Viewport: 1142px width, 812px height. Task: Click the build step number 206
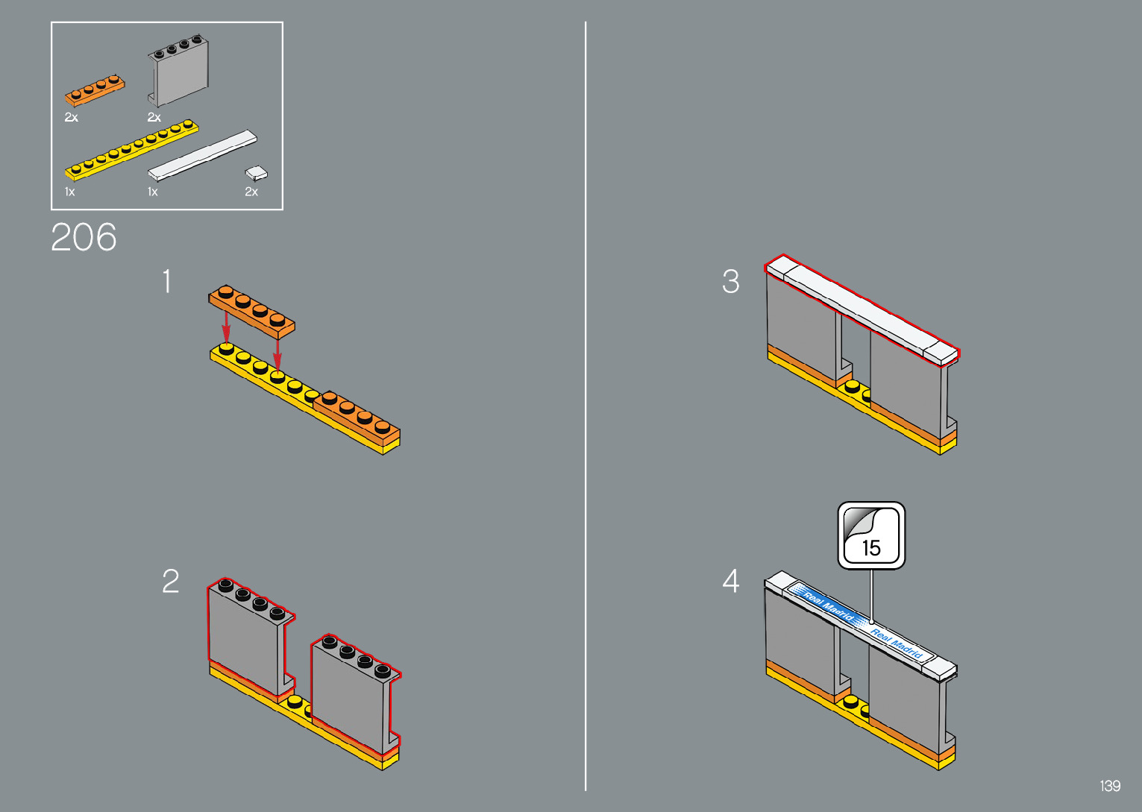84,238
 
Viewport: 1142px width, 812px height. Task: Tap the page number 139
1110,786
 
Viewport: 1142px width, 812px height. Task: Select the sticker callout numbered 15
871,535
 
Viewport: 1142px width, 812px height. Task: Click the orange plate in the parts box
95,89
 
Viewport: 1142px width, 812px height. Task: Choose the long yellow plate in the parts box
131,149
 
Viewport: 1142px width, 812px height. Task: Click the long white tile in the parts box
202,155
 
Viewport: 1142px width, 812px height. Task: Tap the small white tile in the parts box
257,173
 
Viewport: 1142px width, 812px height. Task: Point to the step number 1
167,282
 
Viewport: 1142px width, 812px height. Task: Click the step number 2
171,582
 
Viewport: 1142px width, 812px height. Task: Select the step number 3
731,282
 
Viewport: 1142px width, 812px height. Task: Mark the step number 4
731,582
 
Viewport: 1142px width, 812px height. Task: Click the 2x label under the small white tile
251,192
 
